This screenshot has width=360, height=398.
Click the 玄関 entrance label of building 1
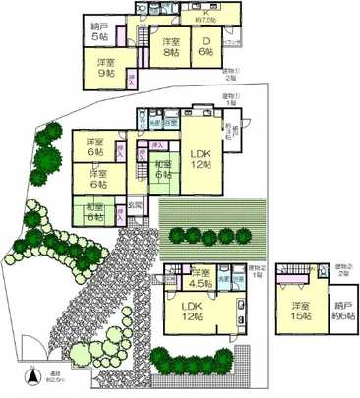135,205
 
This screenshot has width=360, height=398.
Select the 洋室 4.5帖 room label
201,277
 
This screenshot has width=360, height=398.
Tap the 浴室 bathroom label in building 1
170,123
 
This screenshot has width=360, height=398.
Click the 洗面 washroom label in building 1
154,123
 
